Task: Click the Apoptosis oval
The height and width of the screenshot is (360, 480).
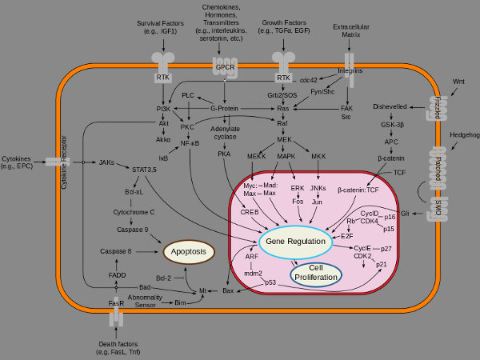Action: pyautogui.click(x=190, y=251)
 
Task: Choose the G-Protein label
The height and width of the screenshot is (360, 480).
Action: pyautogui.click(x=226, y=108)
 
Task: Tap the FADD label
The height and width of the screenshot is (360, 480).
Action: pyautogui.click(x=116, y=273)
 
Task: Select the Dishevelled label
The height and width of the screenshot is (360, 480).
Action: pyautogui.click(x=391, y=107)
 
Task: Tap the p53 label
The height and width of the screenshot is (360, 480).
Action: pyautogui.click(x=270, y=282)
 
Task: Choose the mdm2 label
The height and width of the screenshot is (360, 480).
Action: pyautogui.click(x=254, y=273)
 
